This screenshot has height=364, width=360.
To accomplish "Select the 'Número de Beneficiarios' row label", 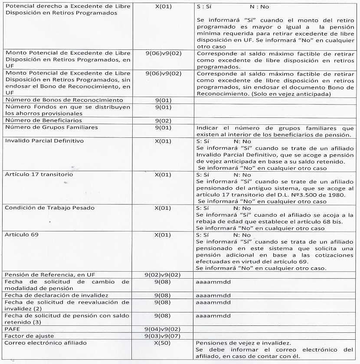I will point(43,120).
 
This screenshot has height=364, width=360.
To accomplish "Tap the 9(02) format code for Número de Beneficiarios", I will point(163,120).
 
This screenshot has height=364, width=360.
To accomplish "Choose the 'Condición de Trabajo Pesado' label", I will point(49,208).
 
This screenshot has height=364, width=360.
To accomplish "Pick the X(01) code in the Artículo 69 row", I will point(163,235).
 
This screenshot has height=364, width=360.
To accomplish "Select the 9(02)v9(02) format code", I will point(163,275).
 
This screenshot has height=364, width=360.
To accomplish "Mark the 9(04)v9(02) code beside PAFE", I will point(163,329).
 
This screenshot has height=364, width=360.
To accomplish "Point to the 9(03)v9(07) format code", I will point(163,336).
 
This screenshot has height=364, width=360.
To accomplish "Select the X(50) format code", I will point(163,343).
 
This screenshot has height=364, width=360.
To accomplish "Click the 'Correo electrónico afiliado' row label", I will point(46,343).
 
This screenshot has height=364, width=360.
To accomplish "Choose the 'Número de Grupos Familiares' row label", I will point(51,127).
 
